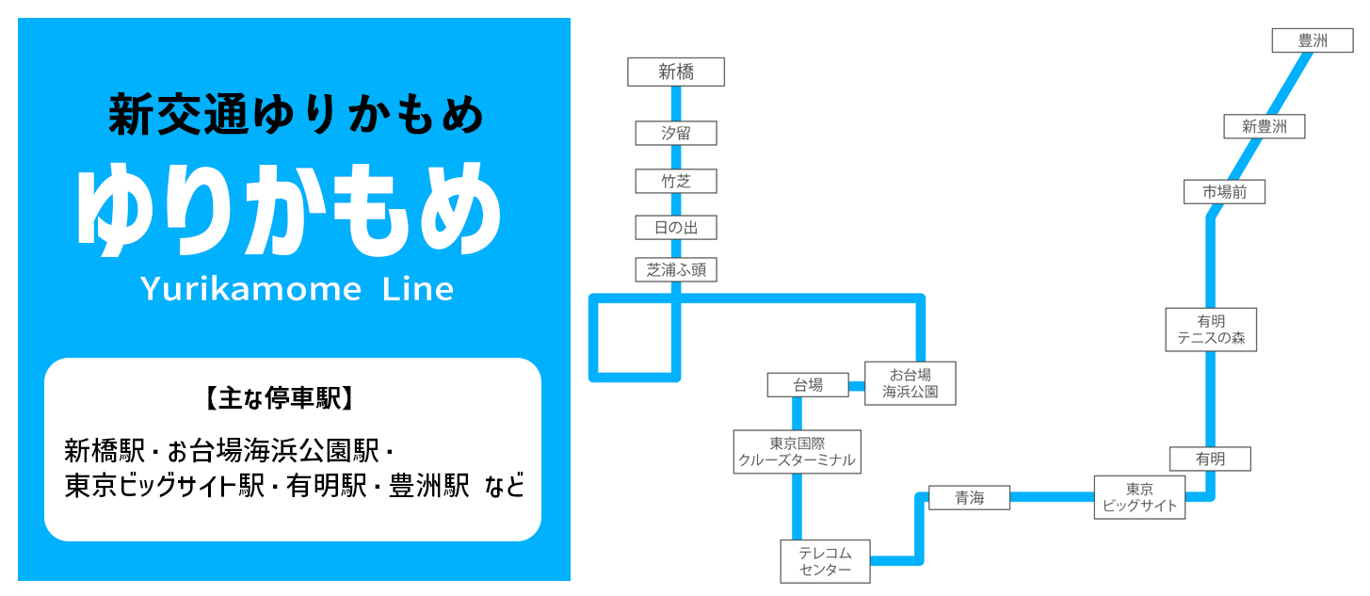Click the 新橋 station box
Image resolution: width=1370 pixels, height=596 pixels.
tap(676, 72)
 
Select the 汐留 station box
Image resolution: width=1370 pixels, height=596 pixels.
tap(676, 133)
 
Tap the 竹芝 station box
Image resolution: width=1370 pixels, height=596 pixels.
tap(676, 181)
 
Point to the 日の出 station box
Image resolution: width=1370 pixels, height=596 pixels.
tap(676, 227)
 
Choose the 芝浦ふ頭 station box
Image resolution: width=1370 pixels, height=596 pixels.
tap(676, 270)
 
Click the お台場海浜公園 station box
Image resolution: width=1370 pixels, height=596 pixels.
tap(910, 383)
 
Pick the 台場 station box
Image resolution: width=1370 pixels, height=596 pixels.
tap(808, 384)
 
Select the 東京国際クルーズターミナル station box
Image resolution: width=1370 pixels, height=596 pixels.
tap(798, 452)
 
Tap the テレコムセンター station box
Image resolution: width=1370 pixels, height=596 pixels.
tap(825, 561)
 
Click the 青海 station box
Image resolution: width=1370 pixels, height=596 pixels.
tap(969, 498)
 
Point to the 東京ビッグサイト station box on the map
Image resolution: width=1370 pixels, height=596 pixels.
tap(1139, 497)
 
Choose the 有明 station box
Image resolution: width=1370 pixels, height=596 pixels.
tap(1210, 459)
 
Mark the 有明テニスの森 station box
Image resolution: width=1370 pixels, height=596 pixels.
tap(1211, 330)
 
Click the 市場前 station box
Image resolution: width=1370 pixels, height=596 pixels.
tap(1224, 192)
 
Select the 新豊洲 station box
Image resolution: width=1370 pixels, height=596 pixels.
tap(1264, 126)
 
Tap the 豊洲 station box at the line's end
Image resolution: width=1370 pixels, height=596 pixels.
tap(1312, 40)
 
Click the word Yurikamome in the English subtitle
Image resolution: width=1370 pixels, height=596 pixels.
tap(250, 289)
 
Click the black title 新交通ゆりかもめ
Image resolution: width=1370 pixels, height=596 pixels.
tap(296, 116)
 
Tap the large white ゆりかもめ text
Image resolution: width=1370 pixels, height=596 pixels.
tap(289, 209)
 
